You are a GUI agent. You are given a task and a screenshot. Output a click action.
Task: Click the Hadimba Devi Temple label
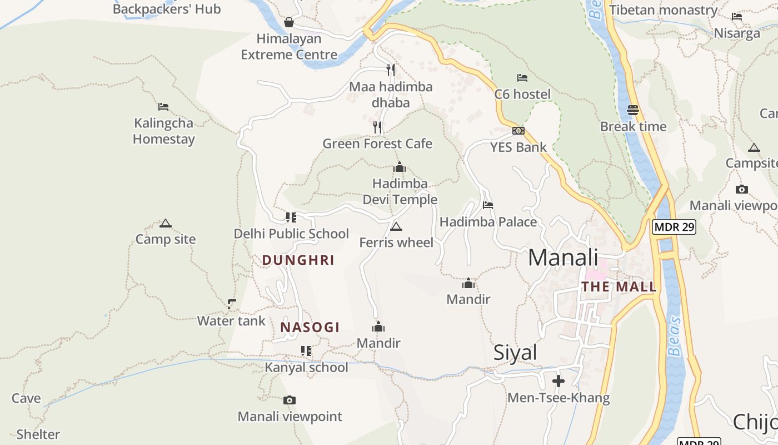point(400,191)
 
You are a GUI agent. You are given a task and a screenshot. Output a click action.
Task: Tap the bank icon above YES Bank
point(518,131)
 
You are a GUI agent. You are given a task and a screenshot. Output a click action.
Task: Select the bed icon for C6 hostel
point(522,78)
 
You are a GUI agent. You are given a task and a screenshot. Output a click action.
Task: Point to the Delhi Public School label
point(291,234)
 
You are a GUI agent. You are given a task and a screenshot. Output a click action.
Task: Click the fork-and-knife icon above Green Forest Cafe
point(377,127)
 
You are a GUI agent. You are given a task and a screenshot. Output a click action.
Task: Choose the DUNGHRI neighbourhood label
point(298,260)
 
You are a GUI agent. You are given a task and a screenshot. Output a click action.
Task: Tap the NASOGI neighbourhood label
point(310,327)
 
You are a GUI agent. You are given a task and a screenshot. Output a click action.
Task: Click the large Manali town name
point(563,258)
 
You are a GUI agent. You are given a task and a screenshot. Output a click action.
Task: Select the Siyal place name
point(515,353)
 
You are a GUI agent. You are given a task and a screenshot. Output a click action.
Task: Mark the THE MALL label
point(619,287)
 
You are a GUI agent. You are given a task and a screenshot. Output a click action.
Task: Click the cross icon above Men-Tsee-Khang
point(558,381)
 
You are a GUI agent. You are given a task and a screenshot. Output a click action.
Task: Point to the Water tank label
point(231,321)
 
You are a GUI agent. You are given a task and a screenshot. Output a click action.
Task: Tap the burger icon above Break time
point(633,110)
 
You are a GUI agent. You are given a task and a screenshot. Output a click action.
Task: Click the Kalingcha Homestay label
point(163,131)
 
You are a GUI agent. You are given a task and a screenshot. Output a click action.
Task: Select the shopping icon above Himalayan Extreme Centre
point(289,22)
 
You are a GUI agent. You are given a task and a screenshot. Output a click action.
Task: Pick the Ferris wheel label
point(396,243)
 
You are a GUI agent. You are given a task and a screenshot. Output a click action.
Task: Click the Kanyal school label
point(306,367)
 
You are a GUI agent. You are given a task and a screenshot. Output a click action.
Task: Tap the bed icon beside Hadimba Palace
point(488,205)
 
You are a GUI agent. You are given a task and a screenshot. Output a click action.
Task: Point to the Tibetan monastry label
point(664,10)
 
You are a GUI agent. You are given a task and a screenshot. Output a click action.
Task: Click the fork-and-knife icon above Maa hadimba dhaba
point(391,70)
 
